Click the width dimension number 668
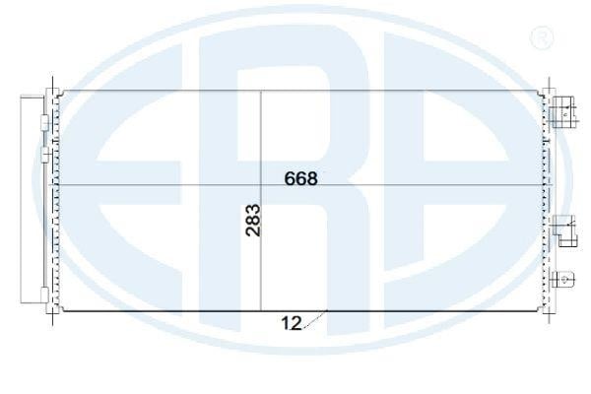pos(300,178)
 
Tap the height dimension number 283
pos(252,221)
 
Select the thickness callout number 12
pos(292,323)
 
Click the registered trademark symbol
pos(542,37)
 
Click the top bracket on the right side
pos(563,112)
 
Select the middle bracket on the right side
pos(565,230)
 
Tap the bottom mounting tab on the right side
pos(563,280)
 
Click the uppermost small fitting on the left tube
pos(44,123)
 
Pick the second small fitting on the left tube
pos(44,155)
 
